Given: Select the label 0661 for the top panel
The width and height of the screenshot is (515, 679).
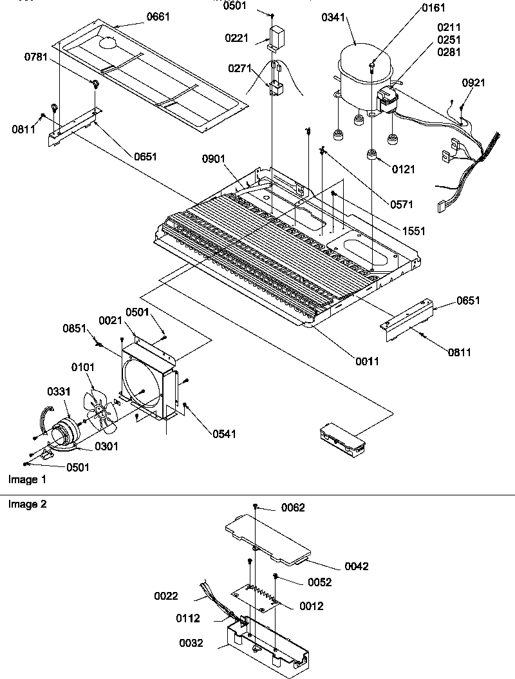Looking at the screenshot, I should coord(158,17).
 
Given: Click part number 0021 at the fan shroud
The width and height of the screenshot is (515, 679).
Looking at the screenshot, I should coord(111,320).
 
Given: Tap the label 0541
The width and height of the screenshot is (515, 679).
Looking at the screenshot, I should coord(225,434).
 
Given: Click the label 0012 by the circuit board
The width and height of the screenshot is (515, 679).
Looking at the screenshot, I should coord(312,606).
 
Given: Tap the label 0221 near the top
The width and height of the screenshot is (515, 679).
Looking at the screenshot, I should coord(237,39).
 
